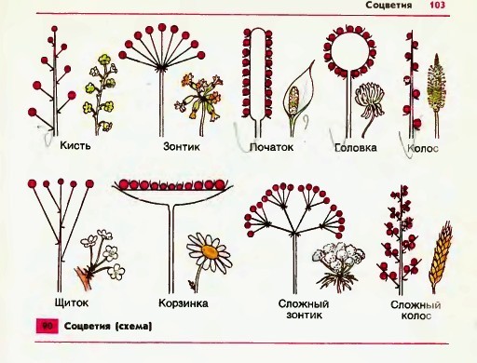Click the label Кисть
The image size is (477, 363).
[75, 145]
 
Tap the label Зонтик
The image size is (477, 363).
[182, 146]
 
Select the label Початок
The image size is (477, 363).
[271, 147]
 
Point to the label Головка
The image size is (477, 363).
[356, 148]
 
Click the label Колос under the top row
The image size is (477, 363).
[423, 149]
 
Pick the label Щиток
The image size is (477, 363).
[72, 302]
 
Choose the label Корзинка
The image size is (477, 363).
[184, 303]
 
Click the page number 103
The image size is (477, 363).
[437, 5]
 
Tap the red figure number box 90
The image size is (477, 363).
[48, 326]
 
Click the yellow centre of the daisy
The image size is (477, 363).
[210, 251]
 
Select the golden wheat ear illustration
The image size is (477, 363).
[441, 258]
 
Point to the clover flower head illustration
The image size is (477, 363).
[370, 100]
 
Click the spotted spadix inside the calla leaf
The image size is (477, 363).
[293, 100]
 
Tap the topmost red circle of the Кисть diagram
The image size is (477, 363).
[54, 29]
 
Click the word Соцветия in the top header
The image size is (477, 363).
[388, 5]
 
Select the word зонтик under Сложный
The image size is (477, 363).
[305, 316]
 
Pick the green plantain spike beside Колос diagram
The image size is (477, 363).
[436, 82]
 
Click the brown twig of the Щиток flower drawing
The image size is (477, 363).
[83, 277]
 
